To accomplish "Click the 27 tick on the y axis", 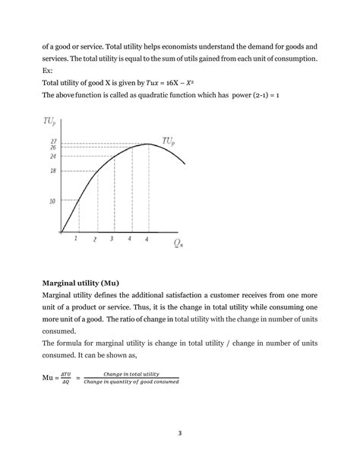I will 52,141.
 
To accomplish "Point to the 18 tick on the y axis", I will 52,171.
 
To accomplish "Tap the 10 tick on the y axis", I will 52,201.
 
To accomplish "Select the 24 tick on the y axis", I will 52,156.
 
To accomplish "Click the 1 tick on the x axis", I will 76,239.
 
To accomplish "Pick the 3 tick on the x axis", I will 112,239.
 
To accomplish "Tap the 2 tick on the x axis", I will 95,239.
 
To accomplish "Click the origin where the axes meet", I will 62,233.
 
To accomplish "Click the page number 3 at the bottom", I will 180,435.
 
